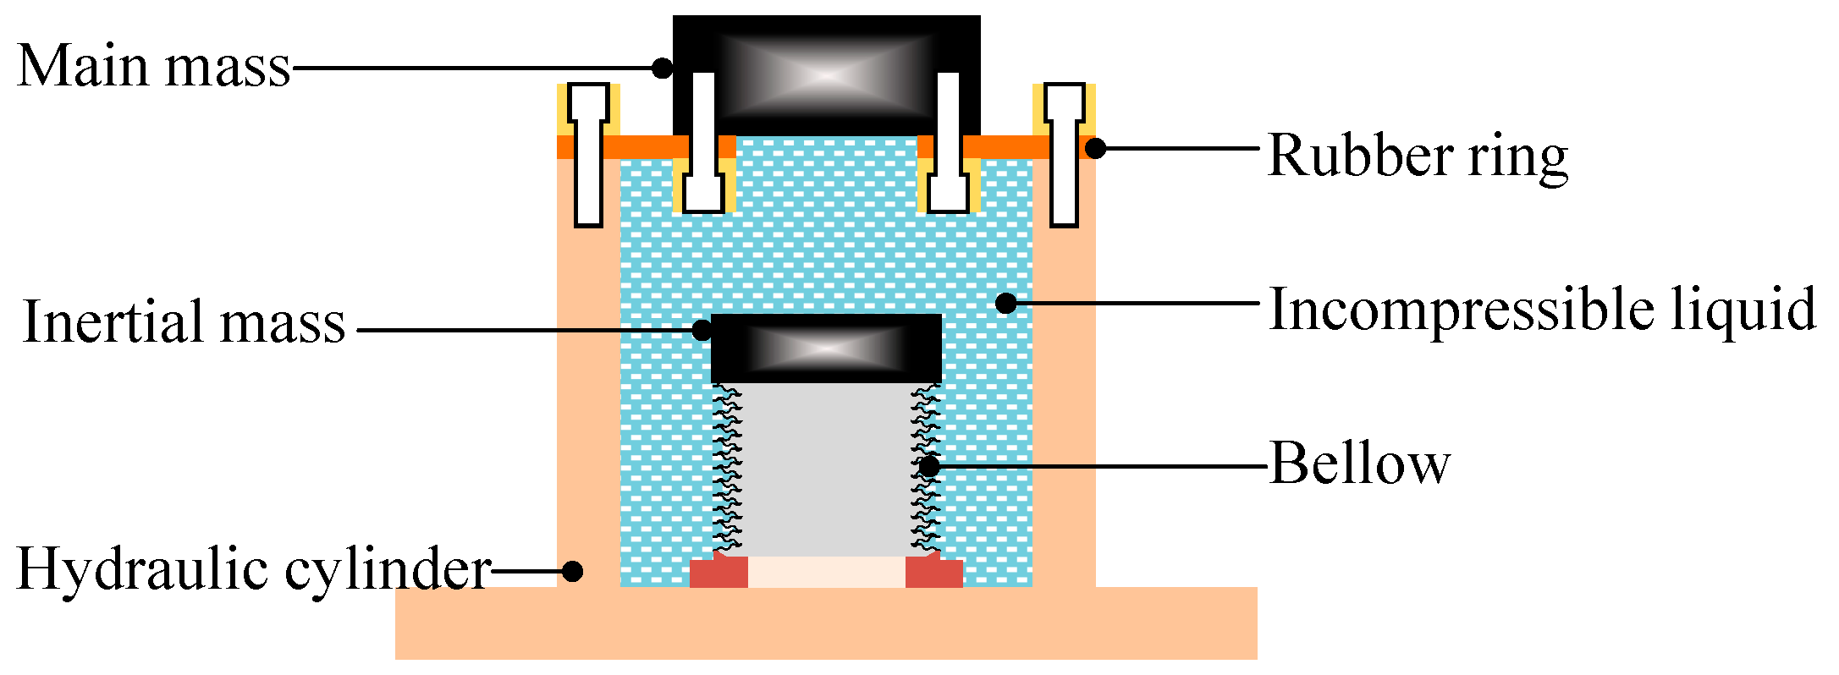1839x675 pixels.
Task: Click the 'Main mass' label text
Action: click(154, 66)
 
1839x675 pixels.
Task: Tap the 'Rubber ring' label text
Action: click(1418, 156)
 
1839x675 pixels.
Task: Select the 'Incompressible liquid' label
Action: click(1542, 310)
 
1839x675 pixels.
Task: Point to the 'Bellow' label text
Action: click(1360, 464)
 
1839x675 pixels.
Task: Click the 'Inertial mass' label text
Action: click(184, 322)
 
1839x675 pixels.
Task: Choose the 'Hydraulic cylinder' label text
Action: click(253, 568)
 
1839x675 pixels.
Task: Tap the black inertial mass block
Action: click(826, 348)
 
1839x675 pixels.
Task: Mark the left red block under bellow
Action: click(719, 572)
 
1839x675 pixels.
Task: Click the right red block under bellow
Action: click(934, 572)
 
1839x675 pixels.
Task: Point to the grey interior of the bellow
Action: click(826, 469)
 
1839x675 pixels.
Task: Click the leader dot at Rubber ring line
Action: click(1095, 148)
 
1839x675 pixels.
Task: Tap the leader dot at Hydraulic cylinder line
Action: click(573, 571)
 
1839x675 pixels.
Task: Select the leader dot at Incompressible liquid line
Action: click(1005, 303)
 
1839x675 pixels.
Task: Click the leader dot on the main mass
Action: click(663, 67)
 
